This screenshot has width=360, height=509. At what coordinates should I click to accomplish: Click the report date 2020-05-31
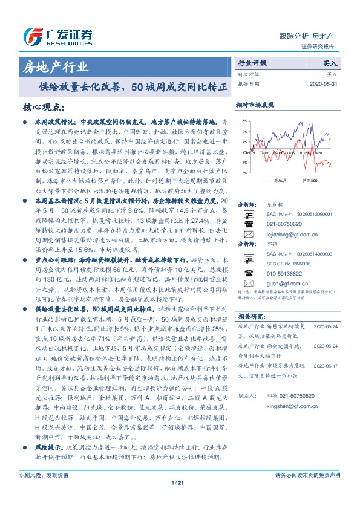(322, 83)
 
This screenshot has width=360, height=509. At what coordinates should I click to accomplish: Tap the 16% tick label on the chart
(243, 122)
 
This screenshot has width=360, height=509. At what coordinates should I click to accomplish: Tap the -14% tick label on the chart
(243, 173)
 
